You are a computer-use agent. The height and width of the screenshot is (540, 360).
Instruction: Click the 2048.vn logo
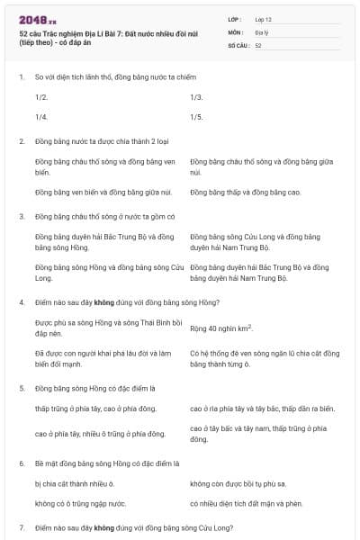(37, 19)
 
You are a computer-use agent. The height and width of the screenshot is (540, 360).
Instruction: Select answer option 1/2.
(41, 96)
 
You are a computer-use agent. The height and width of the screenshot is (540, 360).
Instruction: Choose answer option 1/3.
(196, 96)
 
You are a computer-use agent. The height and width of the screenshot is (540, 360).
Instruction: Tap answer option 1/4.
(41, 117)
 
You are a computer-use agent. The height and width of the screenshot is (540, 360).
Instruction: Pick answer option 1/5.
(196, 117)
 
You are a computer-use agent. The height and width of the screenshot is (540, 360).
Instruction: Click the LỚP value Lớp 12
(263, 19)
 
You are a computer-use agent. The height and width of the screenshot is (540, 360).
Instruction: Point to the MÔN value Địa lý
(261, 31)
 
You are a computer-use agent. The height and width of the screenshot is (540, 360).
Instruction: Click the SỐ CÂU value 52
(258, 44)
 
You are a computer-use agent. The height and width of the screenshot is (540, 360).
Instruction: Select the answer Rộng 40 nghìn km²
(221, 328)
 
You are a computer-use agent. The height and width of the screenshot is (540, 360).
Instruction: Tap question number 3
(22, 217)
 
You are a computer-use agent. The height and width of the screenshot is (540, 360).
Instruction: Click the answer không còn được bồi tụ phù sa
(238, 484)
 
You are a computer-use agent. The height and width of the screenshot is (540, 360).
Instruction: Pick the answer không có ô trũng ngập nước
(80, 504)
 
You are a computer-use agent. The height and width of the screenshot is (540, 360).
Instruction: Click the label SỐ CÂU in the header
(238, 44)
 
